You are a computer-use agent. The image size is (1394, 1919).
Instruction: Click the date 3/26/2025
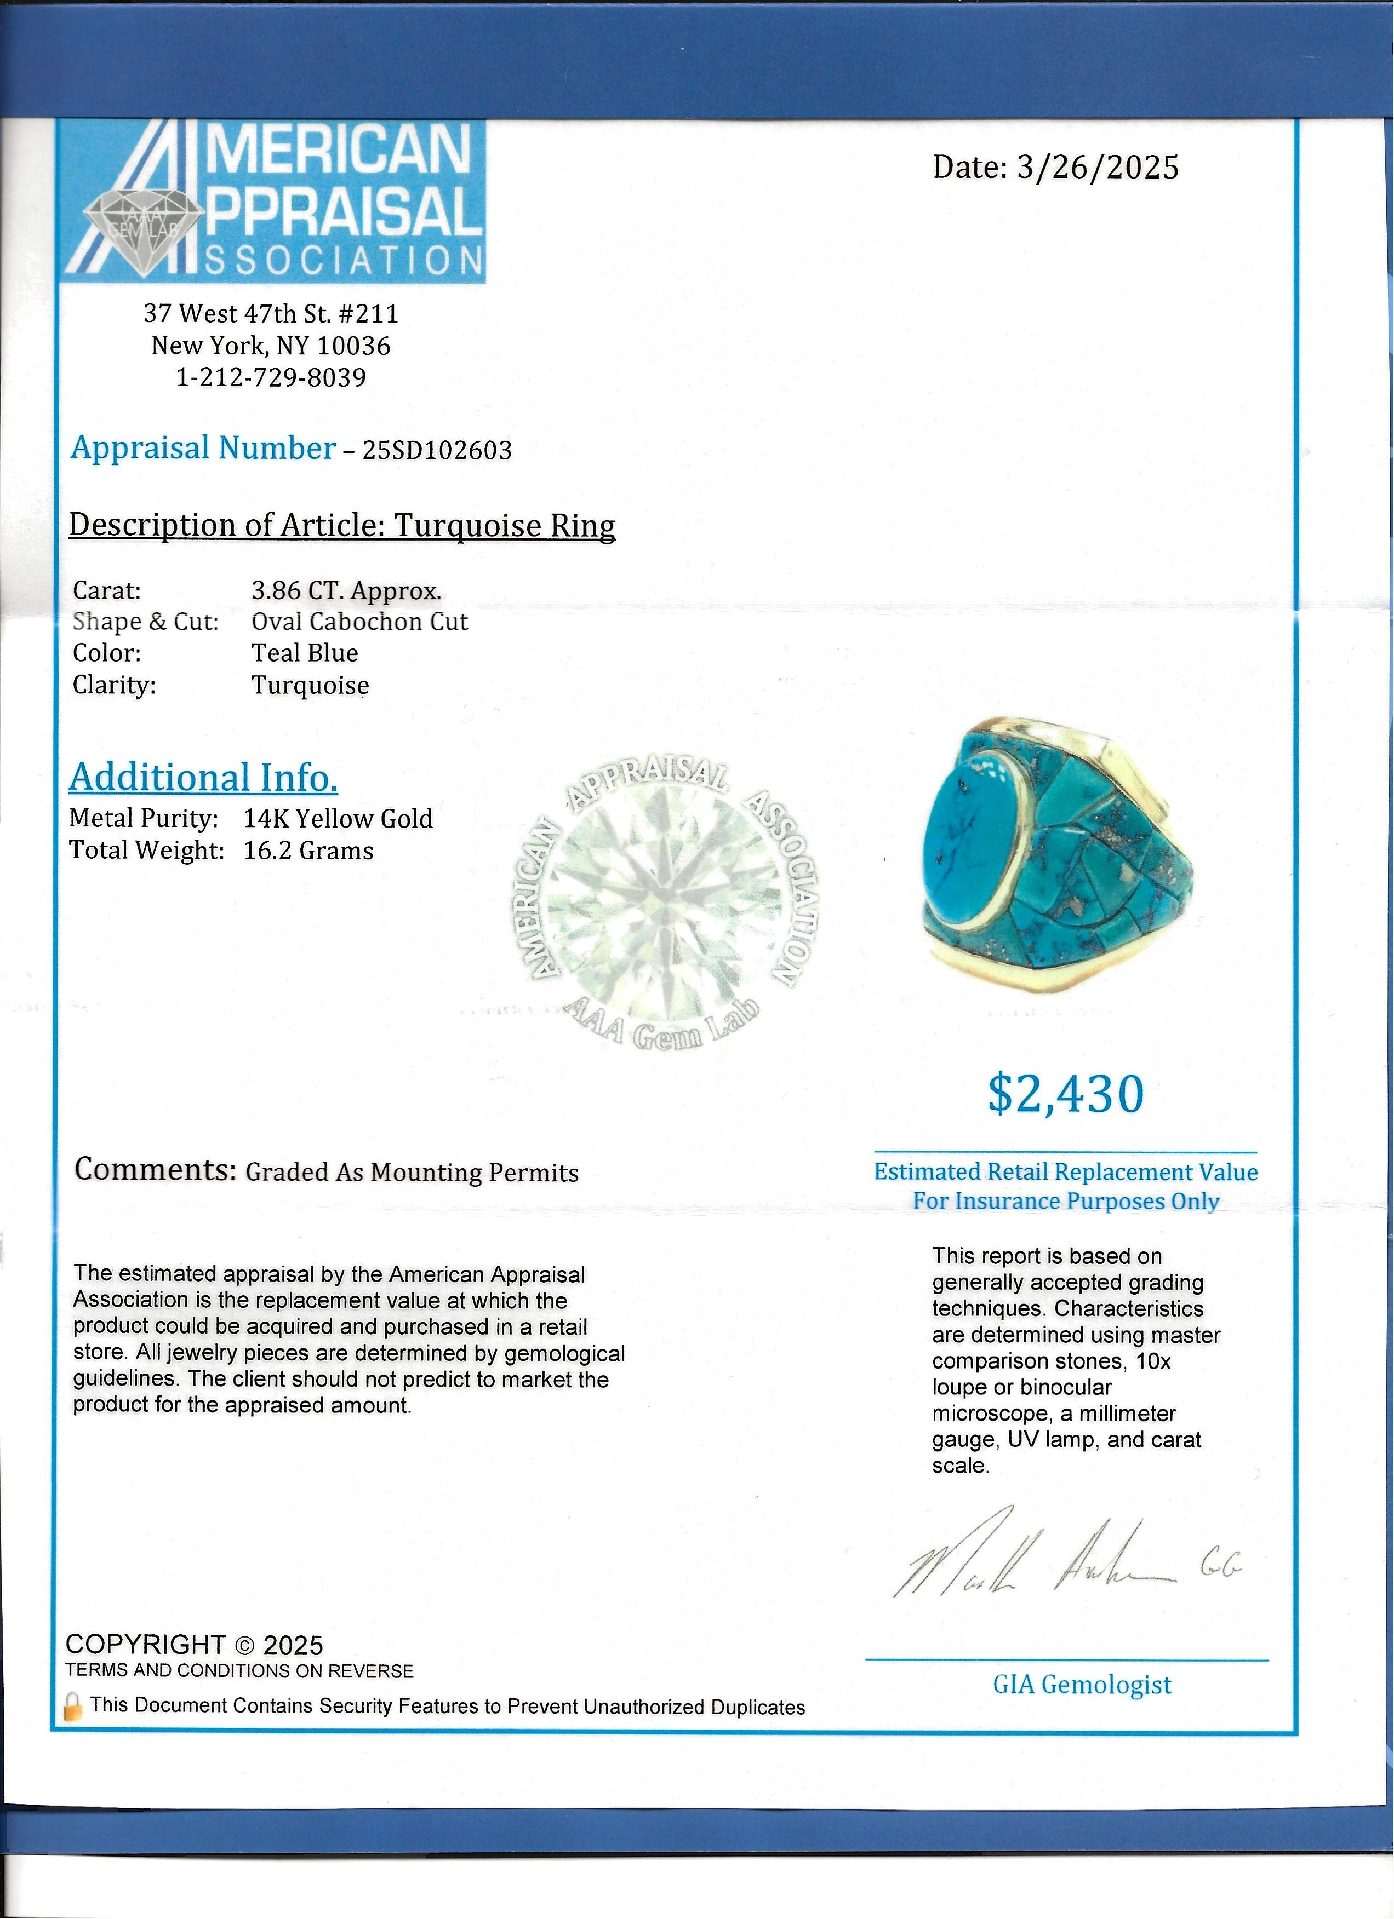pyautogui.click(x=1097, y=168)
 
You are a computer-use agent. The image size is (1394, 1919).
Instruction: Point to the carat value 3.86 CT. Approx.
pyautogui.click(x=346, y=590)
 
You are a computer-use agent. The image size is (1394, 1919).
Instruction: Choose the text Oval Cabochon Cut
pyautogui.click(x=359, y=622)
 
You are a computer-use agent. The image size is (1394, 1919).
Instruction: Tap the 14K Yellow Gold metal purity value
pyautogui.click(x=338, y=818)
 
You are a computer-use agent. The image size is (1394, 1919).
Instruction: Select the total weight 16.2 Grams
pyautogui.click(x=308, y=851)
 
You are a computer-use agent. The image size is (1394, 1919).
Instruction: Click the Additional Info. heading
pyautogui.click(x=203, y=778)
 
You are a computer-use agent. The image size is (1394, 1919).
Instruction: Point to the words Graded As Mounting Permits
pyautogui.click(x=412, y=1173)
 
